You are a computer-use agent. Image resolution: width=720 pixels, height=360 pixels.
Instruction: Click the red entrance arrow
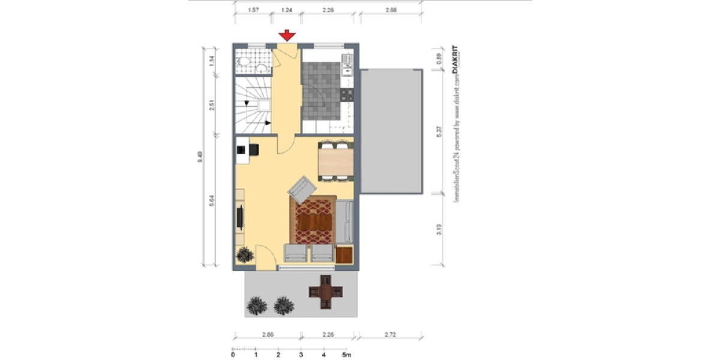pyautogui.click(x=287, y=36)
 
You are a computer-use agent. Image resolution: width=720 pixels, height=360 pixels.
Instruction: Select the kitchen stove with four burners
pyautogui.click(x=346, y=94)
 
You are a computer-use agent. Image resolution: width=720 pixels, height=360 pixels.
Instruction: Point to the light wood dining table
pyautogui.click(x=335, y=160)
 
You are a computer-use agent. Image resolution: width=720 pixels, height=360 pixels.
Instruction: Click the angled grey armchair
pyautogui.click(x=302, y=189)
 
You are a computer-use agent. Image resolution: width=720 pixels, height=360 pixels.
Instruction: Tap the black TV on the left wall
pyautogui.click(x=241, y=217)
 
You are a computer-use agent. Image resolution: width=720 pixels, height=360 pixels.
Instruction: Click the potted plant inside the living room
pyautogui.click(x=245, y=255)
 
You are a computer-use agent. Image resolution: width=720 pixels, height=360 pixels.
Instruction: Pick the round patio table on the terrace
pyautogui.click(x=326, y=292)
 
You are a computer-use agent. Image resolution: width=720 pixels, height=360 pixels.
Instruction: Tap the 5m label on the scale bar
pyautogui.click(x=345, y=354)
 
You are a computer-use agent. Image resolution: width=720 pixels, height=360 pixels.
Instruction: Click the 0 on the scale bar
pyautogui.click(x=233, y=354)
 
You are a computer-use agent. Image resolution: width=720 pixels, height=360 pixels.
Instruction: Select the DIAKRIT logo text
pyautogui.click(x=454, y=61)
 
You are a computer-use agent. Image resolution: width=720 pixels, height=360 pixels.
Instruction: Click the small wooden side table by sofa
pyautogui.click(x=344, y=254)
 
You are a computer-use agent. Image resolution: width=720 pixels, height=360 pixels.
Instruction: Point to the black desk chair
pyautogui.click(x=254, y=149)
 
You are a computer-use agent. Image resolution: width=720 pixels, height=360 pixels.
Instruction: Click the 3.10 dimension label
pyautogui.click(x=439, y=229)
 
